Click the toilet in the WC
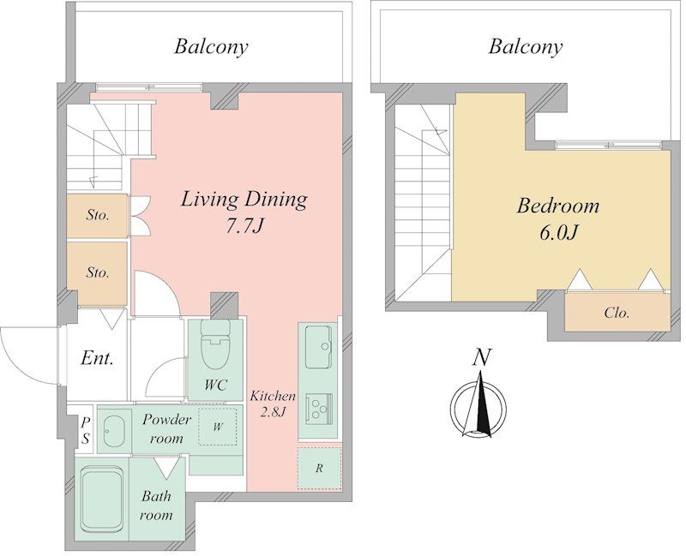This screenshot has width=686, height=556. (215, 344)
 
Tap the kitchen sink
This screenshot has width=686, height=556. (318, 347)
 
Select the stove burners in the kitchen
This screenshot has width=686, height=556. (318, 408)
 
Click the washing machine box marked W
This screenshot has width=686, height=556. (218, 427)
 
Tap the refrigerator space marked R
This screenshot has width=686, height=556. (319, 468)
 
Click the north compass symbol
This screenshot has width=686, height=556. (479, 404)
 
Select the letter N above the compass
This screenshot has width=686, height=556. (481, 357)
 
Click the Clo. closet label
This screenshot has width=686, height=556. (617, 313)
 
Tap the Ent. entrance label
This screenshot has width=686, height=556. (97, 359)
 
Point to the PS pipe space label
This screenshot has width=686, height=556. (86, 431)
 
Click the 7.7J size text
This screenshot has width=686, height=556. (244, 226)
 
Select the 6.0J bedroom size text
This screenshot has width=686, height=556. (559, 233)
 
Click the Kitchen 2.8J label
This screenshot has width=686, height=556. (273, 404)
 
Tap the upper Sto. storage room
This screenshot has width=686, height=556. (97, 216)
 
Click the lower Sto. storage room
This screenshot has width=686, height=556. (97, 273)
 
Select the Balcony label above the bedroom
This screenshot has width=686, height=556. (526, 47)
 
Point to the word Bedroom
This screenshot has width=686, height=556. (558, 206)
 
